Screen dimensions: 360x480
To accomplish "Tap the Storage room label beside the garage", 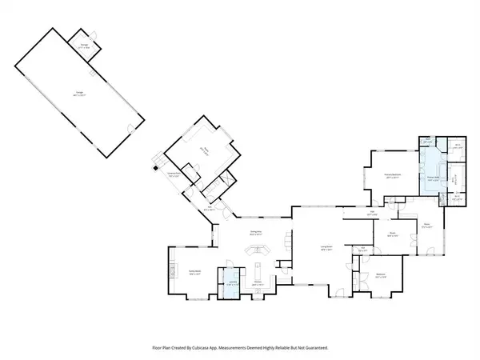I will [x=83, y=49].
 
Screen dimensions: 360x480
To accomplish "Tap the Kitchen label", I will [x=258, y=284].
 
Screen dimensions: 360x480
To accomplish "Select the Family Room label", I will [x=194, y=273].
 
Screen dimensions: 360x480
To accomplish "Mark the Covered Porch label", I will [x=174, y=175].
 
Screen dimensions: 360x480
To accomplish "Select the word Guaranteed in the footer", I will [x=314, y=348].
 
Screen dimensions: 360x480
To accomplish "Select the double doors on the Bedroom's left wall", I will [x=354, y=280].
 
